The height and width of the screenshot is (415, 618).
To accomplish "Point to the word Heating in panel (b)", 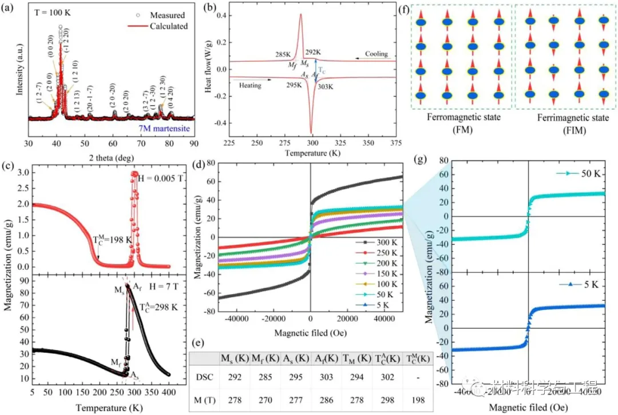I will click(x=250, y=85).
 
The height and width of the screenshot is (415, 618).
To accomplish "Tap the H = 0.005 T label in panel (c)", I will click(x=161, y=178).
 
